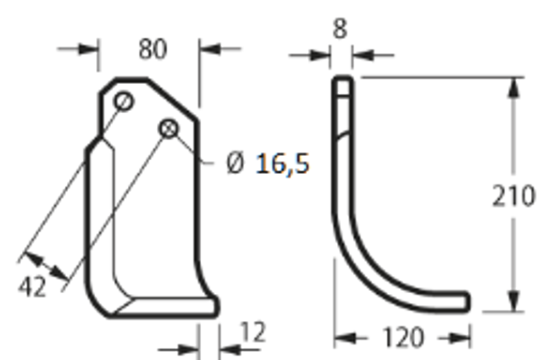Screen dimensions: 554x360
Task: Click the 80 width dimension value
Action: pos(153,49)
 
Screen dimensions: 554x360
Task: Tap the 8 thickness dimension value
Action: pos(340,28)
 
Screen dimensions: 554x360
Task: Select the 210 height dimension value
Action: pos(514,195)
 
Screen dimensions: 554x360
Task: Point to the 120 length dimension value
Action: pos(403,337)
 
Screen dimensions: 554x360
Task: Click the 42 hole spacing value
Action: pos(32,287)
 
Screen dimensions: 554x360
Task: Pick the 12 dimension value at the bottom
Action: pos(253,332)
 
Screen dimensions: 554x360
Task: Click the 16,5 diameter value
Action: pos(283,164)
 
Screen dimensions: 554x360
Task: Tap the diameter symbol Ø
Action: pos(235,163)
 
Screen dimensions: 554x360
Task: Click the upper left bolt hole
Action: pos(124,101)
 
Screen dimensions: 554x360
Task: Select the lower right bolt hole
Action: pos(169,128)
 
